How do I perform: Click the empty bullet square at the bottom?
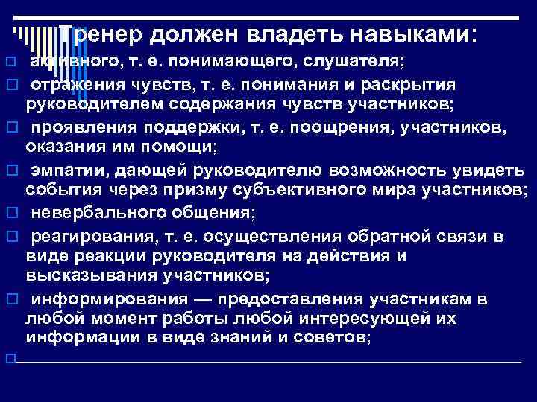pyautogui.click(x=10, y=360)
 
